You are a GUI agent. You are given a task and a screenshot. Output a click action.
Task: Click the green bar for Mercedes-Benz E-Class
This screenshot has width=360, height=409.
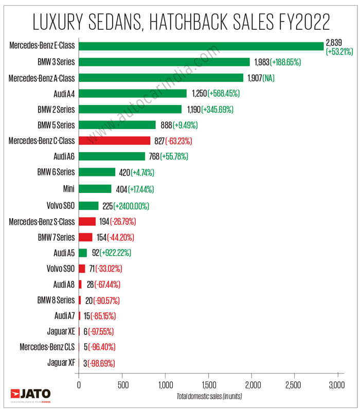[x=201, y=46]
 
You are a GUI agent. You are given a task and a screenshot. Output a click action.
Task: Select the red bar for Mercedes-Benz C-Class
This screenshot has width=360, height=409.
[x=114, y=140]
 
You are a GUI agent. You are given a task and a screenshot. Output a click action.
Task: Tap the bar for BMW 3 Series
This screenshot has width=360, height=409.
[x=164, y=62]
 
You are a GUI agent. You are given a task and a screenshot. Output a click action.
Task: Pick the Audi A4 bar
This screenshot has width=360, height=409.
[x=133, y=93]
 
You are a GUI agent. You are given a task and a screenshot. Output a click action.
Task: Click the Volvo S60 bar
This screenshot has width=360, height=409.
[x=88, y=206]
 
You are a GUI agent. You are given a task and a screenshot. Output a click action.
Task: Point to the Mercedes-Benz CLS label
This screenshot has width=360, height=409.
[x=47, y=347]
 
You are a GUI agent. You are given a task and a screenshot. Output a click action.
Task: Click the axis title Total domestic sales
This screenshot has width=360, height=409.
[x=209, y=396]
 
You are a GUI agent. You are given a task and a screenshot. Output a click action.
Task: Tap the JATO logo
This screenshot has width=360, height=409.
[x=32, y=394]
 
